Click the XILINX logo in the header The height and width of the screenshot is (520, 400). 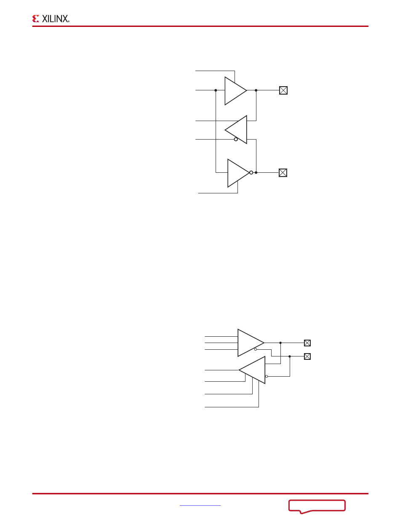pyautogui.click(x=51, y=18)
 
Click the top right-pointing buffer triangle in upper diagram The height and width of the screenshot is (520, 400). pyautogui.click(x=235, y=91)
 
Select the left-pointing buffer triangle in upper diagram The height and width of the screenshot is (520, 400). pyautogui.click(x=237, y=129)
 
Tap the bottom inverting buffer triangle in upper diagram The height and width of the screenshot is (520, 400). pyautogui.click(x=237, y=173)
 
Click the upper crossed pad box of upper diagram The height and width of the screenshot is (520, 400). pyautogui.click(x=283, y=90)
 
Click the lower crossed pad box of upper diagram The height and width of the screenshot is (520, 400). pyautogui.click(x=283, y=173)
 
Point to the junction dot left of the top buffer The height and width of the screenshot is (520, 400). pyautogui.click(x=216, y=90)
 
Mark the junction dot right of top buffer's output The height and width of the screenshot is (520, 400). pyautogui.click(x=256, y=90)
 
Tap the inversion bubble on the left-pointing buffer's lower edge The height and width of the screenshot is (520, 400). pyautogui.click(x=236, y=140)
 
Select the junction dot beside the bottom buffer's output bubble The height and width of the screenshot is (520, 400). pyautogui.click(x=256, y=173)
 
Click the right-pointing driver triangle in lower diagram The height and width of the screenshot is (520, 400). pyautogui.click(x=250, y=342)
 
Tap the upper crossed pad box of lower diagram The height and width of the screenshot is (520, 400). pyautogui.click(x=307, y=343)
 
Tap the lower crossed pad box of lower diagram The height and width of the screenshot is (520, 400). pyautogui.click(x=307, y=356)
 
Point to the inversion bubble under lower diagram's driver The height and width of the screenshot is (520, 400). pyautogui.click(x=256, y=349)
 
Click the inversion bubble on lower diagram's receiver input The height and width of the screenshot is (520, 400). pyautogui.click(x=267, y=376)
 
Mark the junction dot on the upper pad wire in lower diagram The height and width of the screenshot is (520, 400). pyautogui.click(x=280, y=343)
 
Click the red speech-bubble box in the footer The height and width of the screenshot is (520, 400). pyautogui.click(x=317, y=506)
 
